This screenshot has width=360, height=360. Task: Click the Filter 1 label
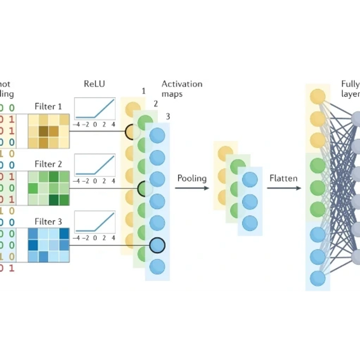[x=49, y=107]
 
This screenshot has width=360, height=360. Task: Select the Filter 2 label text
[x=49, y=164]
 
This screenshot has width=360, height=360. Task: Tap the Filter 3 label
[x=49, y=221]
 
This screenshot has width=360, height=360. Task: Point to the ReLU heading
[x=95, y=84]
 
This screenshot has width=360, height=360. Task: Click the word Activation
[x=182, y=84]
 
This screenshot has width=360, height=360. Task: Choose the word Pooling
[x=191, y=178]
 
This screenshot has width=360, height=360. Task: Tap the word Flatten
[x=283, y=178]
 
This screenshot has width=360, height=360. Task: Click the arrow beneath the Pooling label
[x=192, y=188]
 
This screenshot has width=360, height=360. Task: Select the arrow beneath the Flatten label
[x=283, y=188]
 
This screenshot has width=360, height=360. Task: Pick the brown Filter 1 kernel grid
[x=48, y=131]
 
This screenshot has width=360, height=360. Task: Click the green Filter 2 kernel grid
[x=48, y=188]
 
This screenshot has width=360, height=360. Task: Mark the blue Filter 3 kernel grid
[x=48, y=245]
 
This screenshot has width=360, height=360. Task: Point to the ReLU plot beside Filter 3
[x=95, y=226]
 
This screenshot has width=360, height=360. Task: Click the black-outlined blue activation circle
[x=157, y=245]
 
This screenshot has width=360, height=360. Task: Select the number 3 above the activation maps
[x=168, y=116]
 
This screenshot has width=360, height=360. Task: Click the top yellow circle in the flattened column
[x=317, y=97]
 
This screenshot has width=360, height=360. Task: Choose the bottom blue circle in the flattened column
[x=317, y=278]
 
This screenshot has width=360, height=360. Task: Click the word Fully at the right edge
[x=350, y=84]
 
